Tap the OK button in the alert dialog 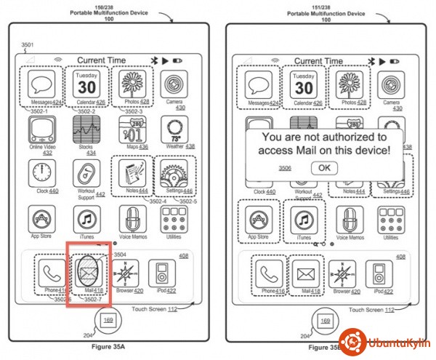[324, 168]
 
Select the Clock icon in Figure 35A [43, 174]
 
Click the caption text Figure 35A [108, 350]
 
